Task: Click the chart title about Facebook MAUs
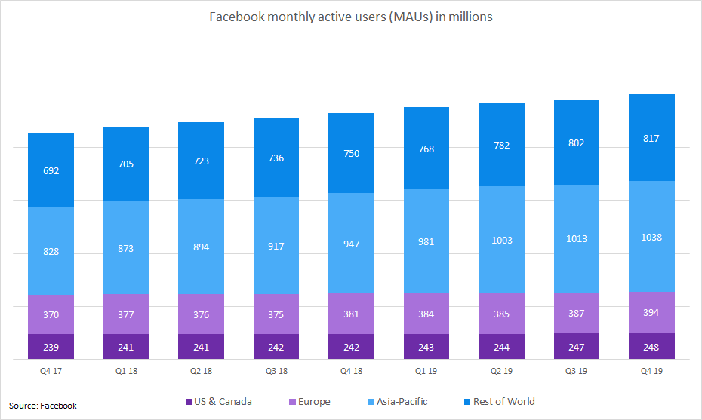coord(351,17)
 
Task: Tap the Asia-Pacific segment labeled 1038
coord(651,237)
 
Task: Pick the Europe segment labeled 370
coord(51,314)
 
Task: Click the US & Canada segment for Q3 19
coord(577,347)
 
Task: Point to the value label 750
coord(351,154)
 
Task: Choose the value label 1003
coord(501,241)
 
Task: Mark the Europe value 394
coord(651,313)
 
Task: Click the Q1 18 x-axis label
coord(126,370)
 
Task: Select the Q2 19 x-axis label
coord(501,370)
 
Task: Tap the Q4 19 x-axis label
coord(651,370)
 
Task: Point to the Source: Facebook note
coord(43,406)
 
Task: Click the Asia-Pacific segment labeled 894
coord(201,247)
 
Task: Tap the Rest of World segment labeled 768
coord(426,149)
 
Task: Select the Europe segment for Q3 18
coord(276,314)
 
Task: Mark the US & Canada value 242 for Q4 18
coord(351,348)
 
